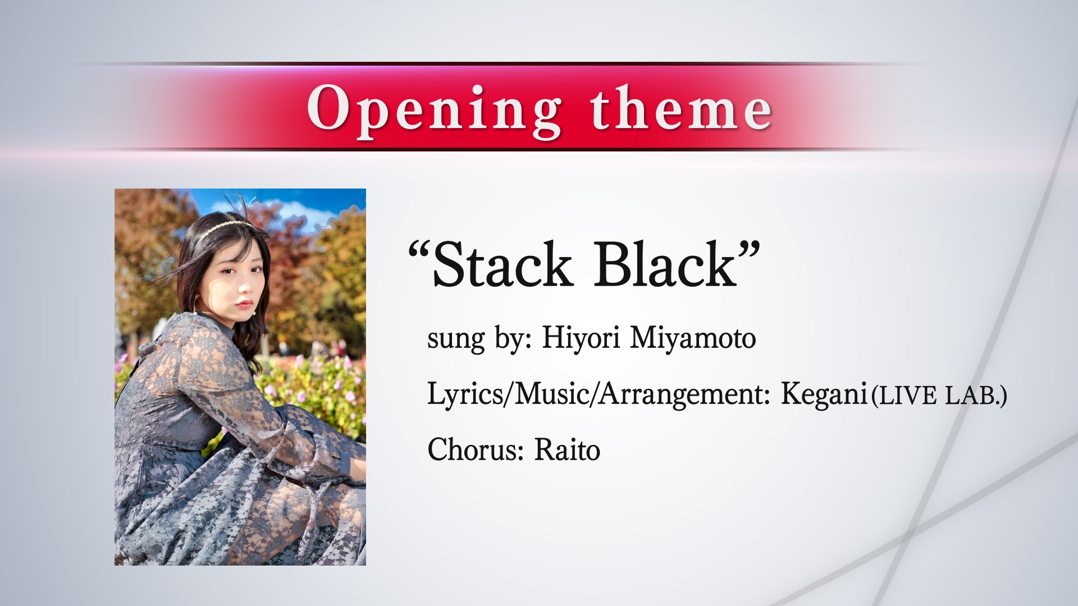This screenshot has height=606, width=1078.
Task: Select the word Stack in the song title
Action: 502,264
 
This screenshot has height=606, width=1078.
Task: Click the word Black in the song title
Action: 665,264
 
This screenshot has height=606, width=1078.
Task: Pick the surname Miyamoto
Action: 693,338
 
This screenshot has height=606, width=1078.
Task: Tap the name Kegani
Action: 824,395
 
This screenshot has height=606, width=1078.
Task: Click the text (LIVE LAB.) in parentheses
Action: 938,396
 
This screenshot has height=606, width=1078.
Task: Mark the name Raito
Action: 567,449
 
